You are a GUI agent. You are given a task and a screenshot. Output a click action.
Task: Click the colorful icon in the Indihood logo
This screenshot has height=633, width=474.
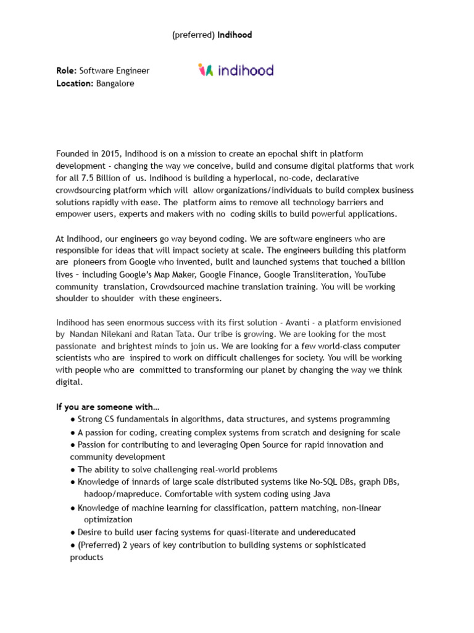(206, 70)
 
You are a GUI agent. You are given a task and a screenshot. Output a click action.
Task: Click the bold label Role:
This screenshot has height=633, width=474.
(67, 71)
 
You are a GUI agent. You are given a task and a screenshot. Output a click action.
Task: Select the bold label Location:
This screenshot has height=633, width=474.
(75, 83)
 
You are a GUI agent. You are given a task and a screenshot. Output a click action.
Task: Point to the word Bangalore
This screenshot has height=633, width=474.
(115, 83)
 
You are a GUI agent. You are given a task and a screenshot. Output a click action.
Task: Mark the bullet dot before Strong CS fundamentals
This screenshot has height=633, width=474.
(73, 420)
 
